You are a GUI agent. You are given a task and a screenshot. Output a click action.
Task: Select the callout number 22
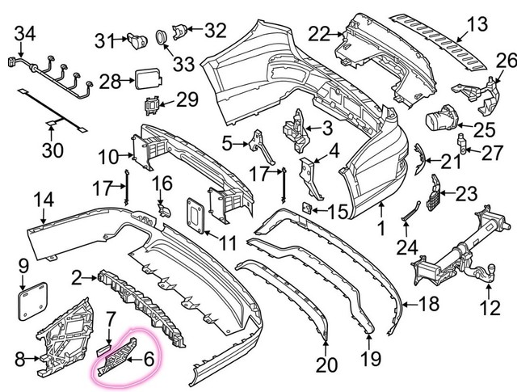click(x=319, y=34)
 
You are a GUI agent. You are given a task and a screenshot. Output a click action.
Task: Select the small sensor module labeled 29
click(x=150, y=104)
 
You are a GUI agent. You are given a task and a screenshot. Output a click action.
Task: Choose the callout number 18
click(x=430, y=305)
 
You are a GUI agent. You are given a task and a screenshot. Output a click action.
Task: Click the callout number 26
click(x=505, y=60)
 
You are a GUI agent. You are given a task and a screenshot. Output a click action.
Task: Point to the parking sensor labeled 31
click(x=135, y=38)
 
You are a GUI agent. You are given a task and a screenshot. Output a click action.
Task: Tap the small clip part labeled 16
click(x=164, y=209)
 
